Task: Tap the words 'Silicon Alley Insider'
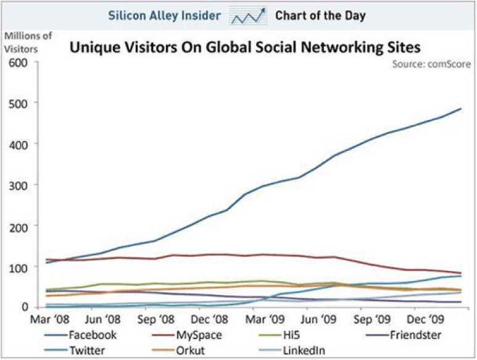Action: [164, 15]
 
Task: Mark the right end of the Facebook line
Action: [461, 109]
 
